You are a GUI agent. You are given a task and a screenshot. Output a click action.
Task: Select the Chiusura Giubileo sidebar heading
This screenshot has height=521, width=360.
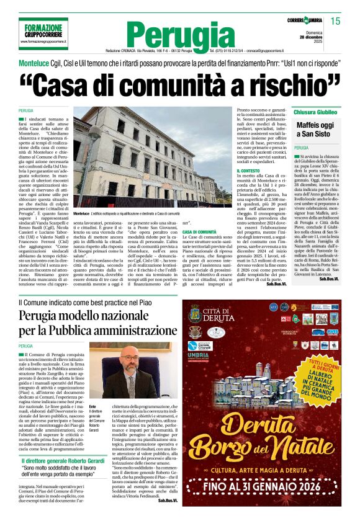point(316,112)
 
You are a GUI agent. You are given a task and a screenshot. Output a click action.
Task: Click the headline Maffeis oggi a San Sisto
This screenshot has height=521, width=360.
point(317,129)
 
